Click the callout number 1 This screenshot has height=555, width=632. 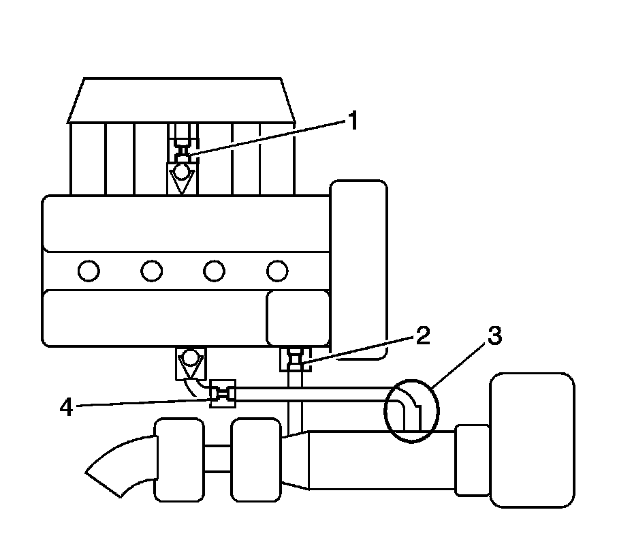coord(352,122)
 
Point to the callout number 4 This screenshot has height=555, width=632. coord(66,407)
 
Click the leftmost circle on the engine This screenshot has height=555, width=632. coord(89,271)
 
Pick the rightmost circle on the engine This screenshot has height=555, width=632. coord(277,271)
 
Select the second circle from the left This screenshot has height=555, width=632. coord(151,271)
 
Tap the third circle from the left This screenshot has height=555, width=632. coord(214,271)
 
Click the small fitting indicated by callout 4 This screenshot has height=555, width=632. coord(223,393)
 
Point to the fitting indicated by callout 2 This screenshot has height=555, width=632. coord(296,359)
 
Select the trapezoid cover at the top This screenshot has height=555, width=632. coord(182,100)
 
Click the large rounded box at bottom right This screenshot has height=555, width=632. coord(532,439)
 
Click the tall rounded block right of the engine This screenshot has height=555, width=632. coord(358,266)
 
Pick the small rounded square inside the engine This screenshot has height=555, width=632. coord(298,318)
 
